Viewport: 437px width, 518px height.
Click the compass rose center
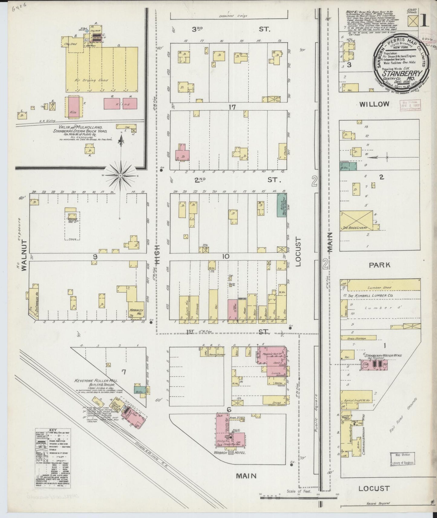point(120,176)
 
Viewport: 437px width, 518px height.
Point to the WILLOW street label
point(374,104)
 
